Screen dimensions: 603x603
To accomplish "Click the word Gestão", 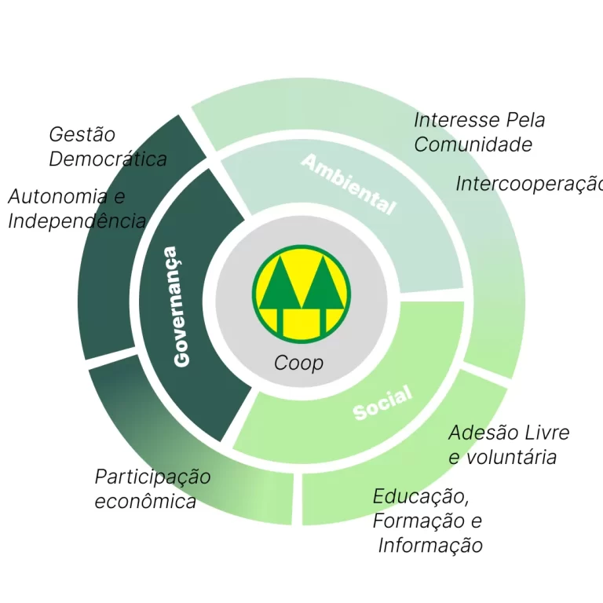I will [82, 135].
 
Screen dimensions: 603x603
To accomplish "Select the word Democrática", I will [108, 159].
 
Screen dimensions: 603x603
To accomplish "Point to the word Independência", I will [76, 221].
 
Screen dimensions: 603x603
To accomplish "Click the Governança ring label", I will [180, 306].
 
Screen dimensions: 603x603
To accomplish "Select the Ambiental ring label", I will [349, 185].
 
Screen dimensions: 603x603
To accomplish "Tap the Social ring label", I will [382, 403].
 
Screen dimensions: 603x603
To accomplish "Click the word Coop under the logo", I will [298, 364].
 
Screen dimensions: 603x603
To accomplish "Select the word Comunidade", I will [473, 144].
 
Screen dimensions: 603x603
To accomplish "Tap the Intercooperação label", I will [528, 184].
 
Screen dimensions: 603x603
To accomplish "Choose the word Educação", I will [420, 497].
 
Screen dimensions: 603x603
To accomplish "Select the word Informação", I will [430, 545].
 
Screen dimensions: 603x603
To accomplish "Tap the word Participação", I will [152, 477].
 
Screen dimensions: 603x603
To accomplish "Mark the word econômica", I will [145, 501].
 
